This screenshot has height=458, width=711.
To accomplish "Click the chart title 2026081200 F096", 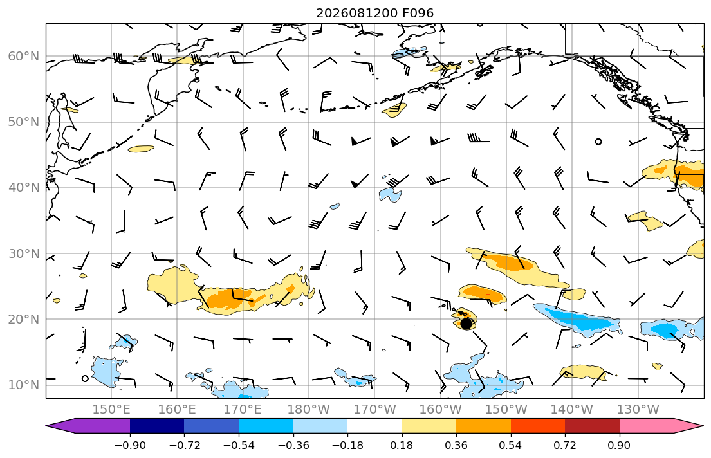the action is coord(374,13).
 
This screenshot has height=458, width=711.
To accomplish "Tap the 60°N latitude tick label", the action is coord(24,56).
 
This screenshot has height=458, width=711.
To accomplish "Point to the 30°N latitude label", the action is coord(24,253).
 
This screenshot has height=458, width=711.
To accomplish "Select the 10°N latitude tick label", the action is coord(24,385).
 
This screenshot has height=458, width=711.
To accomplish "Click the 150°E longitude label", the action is coord(111,410).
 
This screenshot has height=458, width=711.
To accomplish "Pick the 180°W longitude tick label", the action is coord(309,410).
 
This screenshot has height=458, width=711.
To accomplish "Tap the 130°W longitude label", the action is coord(638,410).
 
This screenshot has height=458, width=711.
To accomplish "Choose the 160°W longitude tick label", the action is coord(441,410).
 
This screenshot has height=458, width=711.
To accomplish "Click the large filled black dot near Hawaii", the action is coord(466,324).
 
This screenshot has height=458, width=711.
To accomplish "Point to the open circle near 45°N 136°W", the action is coord(598,142).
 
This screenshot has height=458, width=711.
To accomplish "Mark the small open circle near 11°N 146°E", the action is coord(85,379).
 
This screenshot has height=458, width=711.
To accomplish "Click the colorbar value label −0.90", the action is coord(130,445).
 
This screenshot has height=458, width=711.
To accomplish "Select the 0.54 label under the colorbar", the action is coord(511,445).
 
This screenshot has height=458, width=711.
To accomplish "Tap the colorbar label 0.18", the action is coord(402,445).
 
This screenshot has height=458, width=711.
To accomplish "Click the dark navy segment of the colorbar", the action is coord(157,426).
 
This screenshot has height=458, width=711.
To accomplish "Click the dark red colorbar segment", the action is coord(592,426).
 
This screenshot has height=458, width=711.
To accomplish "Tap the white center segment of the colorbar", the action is coord(374,426).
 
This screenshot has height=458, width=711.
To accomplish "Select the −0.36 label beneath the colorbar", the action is coord(293,445).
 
